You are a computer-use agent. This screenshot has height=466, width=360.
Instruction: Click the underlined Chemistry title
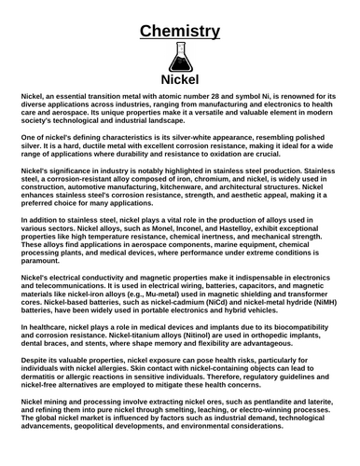point(179,31)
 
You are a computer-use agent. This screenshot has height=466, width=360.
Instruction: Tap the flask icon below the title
point(179,58)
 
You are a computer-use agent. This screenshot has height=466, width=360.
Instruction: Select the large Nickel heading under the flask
point(179,80)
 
